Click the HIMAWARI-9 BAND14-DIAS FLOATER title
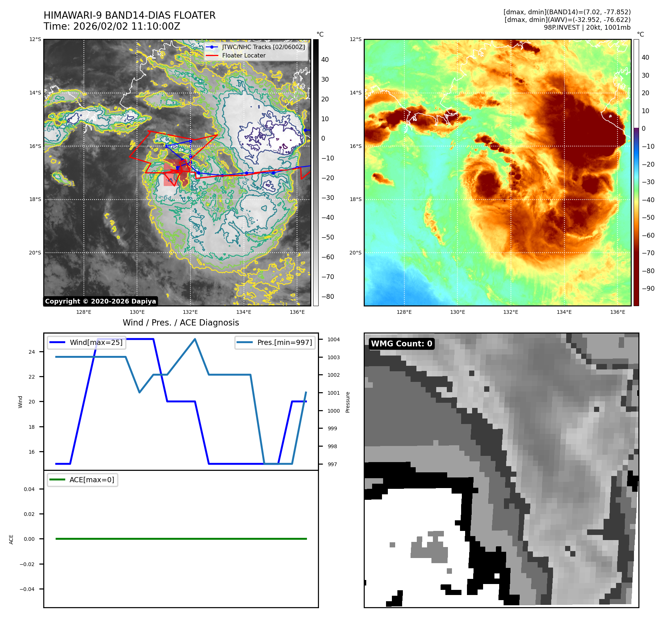coord(130,15)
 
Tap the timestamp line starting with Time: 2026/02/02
coord(112,26)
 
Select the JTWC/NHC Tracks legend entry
coord(263,47)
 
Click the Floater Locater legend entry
coord(244,55)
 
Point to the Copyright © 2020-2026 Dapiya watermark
coord(100,301)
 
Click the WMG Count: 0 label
coord(401,343)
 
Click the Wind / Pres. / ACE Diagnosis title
coord(181,323)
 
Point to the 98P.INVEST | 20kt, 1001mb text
coord(587,27)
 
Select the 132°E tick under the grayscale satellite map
coord(190,312)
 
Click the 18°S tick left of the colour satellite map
coord(355,200)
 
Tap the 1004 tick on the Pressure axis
coord(333,339)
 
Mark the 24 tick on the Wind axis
coord(32,352)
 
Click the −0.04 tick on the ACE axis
coord(27,589)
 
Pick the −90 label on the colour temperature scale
coord(648,289)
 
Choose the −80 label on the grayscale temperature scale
coord(327,297)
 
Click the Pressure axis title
coord(348,402)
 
